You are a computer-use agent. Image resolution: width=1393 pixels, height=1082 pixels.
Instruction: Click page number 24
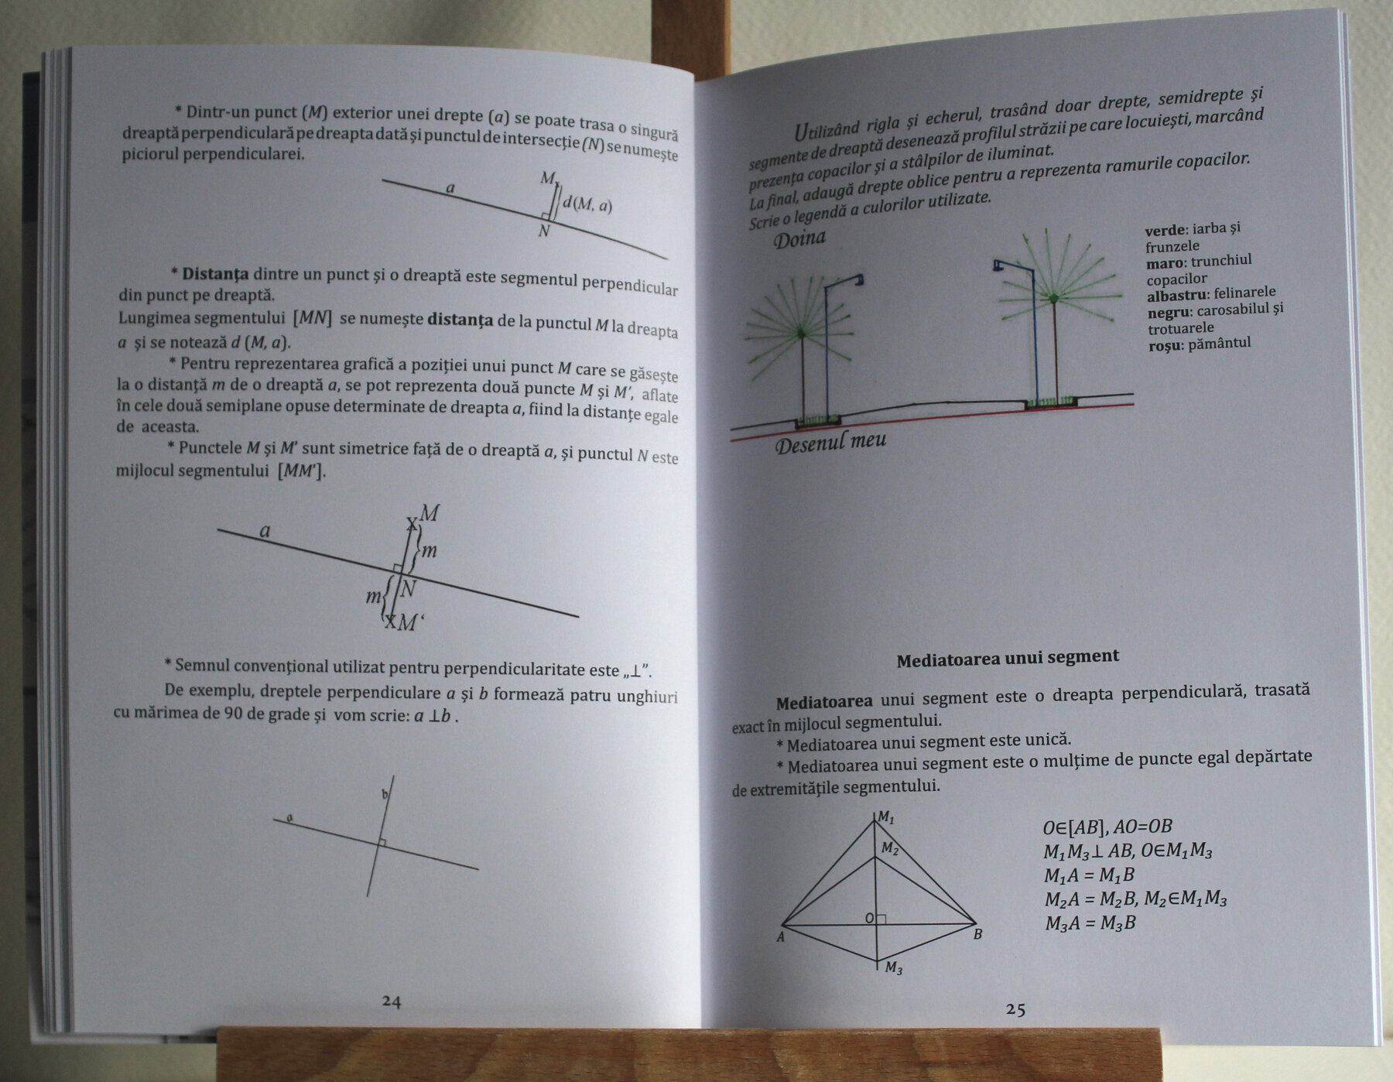392,1001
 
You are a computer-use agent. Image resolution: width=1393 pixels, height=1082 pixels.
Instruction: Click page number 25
1015,1009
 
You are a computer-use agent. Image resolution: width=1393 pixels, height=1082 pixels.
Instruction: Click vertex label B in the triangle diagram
977,934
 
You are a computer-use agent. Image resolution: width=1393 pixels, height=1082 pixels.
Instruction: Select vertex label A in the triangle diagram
780,937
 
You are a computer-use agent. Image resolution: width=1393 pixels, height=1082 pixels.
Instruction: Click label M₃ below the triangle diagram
893,967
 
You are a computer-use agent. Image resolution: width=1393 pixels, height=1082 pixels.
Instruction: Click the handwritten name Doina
799,238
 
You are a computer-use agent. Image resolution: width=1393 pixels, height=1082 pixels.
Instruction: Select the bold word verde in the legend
1165,231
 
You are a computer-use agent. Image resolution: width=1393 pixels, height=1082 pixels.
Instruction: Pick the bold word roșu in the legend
1165,345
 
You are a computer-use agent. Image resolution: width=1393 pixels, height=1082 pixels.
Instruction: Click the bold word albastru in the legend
1176,296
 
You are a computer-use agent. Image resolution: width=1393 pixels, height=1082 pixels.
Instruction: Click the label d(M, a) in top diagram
587,204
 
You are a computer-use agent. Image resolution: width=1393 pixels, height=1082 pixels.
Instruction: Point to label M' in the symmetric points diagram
409,622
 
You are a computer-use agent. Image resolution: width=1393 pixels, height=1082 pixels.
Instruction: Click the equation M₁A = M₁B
1089,875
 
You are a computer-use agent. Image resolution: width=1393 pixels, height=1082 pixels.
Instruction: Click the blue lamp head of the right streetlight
998,265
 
